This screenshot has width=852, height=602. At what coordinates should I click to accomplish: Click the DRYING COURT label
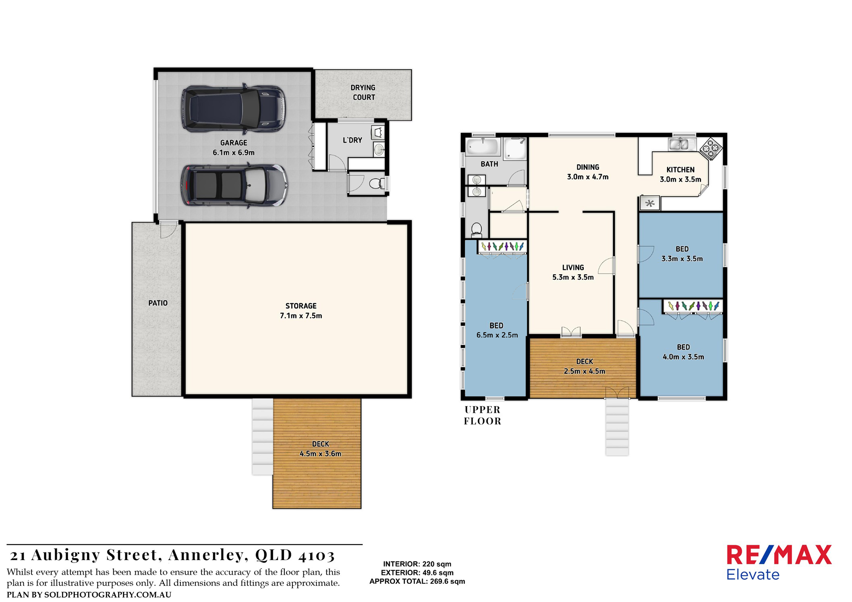pos(363,93)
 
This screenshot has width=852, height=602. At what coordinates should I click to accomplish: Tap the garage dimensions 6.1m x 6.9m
pos(234,153)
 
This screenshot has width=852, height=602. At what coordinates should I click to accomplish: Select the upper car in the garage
pos(234,109)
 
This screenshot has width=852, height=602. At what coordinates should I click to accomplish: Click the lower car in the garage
pos(234,186)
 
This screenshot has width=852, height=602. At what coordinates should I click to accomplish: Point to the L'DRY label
pos(352,140)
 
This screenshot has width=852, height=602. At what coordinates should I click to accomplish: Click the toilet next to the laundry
pos(376,184)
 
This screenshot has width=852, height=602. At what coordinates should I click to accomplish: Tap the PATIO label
pos(158,303)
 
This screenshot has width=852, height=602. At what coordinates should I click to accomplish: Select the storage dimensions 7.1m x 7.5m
pos(301,316)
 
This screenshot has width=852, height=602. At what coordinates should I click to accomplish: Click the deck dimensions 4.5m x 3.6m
pos(321,454)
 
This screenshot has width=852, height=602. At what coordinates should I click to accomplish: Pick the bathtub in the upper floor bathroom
pos(483,147)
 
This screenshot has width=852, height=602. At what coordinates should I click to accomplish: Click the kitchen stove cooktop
pos(711,149)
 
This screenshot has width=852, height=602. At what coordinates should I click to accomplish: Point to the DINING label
pos(588,167)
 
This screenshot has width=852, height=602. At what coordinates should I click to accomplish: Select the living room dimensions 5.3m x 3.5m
pos(573,277)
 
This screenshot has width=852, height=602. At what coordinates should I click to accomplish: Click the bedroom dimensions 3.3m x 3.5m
pos(682,259)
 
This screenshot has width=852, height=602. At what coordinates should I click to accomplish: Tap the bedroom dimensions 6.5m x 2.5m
pos(497,335)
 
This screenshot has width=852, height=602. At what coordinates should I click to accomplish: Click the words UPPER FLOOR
pos(483,415)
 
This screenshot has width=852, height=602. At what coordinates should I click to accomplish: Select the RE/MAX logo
pos(779,562)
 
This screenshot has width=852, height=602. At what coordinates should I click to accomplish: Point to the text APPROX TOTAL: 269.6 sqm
pos(417,581)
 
